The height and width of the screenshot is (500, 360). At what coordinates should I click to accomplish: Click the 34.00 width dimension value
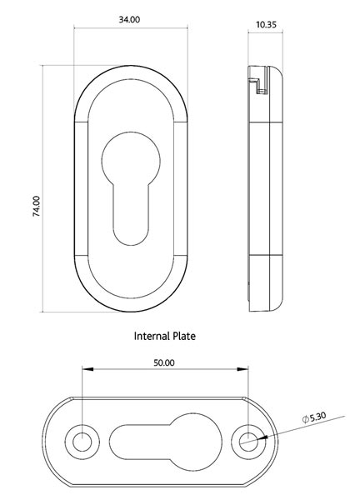click(129, 19)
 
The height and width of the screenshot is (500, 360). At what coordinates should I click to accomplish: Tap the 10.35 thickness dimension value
click(267, 26)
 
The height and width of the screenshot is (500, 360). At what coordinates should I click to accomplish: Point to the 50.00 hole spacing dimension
click(164, 363)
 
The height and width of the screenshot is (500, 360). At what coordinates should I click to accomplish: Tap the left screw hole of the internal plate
click(82, 441)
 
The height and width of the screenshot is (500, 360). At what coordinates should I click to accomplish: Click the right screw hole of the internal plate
click(247, 441)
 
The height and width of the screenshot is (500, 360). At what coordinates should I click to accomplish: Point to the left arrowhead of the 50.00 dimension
click(84, 371)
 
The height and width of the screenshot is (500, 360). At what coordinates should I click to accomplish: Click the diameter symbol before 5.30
click(305, 418)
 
